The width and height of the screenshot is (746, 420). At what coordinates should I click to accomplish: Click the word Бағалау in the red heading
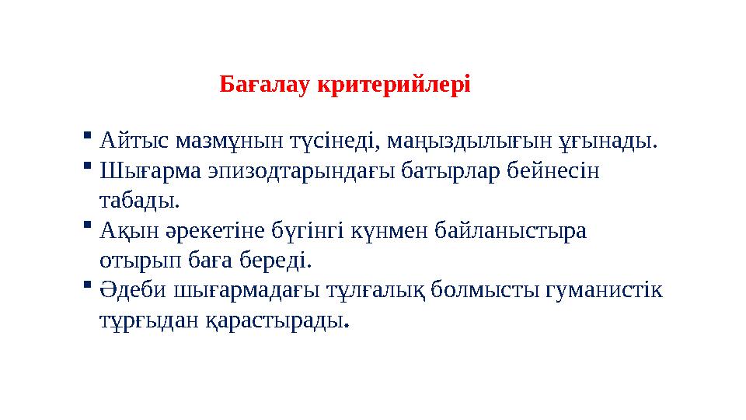point(265,84)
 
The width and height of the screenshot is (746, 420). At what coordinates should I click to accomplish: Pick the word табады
point(139,201)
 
